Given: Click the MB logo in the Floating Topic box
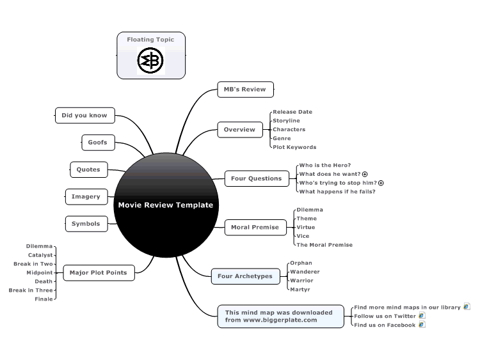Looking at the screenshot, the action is pos(150,61).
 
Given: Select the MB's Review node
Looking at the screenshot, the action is pos(245,90).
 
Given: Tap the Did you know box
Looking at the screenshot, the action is pos(84,115).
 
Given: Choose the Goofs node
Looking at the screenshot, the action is pos(98,142).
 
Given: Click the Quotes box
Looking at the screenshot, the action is pos(89,169).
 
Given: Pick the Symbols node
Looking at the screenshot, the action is pos(86,224).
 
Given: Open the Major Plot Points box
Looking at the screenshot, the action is pos(99,272).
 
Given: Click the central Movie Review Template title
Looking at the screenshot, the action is pos(166,205).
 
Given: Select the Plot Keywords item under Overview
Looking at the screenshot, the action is pos(294,147).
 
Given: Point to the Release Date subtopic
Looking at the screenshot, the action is pos(292,112).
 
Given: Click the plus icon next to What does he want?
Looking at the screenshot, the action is pos(365,174).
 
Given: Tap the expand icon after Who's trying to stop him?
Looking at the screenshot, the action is pos(381,183).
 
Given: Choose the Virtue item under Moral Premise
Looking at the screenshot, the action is pos(305,227).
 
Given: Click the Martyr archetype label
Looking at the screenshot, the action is pos(300,290).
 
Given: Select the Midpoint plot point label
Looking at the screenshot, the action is pos(40,272).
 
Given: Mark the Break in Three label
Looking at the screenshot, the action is pos(31,290).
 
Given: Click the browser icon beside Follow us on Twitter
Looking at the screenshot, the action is pos(422,315).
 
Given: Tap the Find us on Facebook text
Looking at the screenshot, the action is pos(385,325).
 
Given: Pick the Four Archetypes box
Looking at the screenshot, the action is pos(246,276).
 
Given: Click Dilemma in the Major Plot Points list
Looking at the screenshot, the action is pos(39,246).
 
